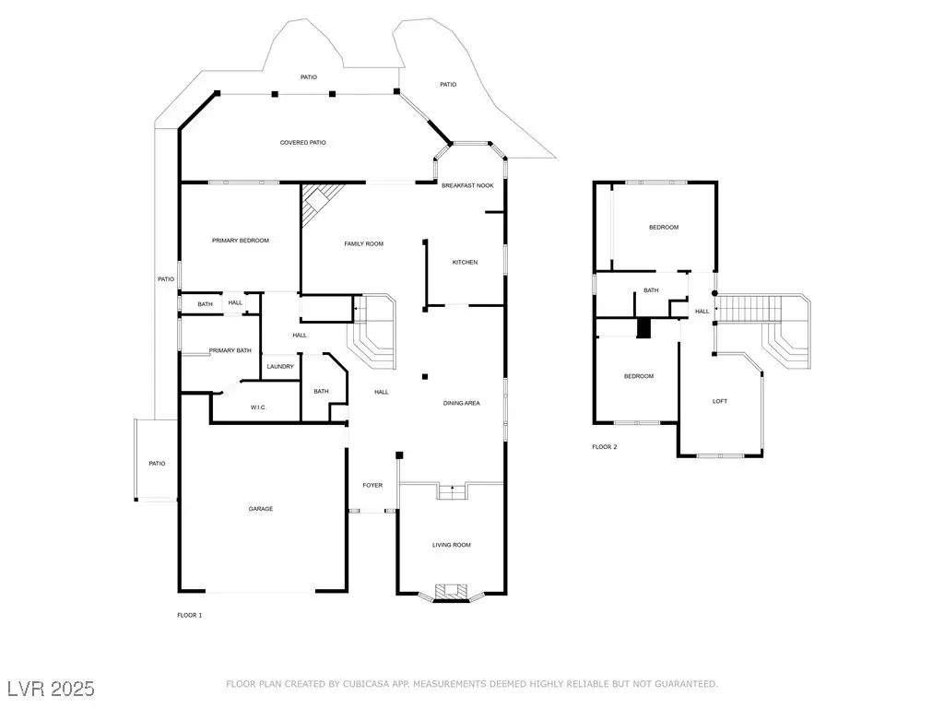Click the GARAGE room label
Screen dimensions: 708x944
point(260,509)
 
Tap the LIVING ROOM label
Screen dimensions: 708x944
point(452,545)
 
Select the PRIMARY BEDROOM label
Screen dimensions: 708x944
point(241,241)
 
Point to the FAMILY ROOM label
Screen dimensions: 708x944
point(364,243)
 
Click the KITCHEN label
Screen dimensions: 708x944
point(465,263)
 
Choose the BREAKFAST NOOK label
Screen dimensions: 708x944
point(467,186)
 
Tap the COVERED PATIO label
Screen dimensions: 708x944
point(303,143)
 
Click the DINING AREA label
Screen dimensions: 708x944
point(462,403)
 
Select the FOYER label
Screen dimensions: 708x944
point(372,485)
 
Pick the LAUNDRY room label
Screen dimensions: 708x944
point(280,367)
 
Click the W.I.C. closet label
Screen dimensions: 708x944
point(258,407)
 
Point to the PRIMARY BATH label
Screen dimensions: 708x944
point(230,350)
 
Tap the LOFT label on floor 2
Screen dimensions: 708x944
point(720,401)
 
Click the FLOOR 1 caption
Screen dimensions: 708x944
point(189,615)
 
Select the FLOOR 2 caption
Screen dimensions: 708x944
point(605,447)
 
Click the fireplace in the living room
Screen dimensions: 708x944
point(451,591)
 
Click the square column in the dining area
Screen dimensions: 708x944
point(424,376)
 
